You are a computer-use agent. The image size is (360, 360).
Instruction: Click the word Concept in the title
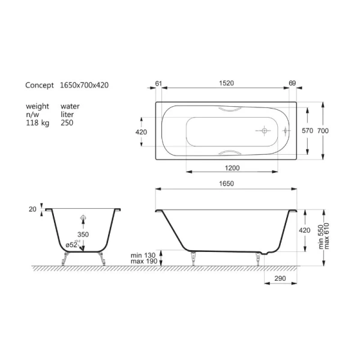tap(40, 85)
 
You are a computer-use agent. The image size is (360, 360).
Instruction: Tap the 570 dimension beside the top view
tap(307, 131)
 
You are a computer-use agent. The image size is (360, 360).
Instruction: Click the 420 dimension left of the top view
tap(142, 131)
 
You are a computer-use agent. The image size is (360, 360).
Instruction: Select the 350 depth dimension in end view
tap(83, 234)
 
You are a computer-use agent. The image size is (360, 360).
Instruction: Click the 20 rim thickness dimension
tap(32, 209)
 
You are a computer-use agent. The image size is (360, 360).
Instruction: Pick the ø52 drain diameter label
tap(73, 245)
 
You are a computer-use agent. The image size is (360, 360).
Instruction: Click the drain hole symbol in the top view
tap(264, 130)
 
